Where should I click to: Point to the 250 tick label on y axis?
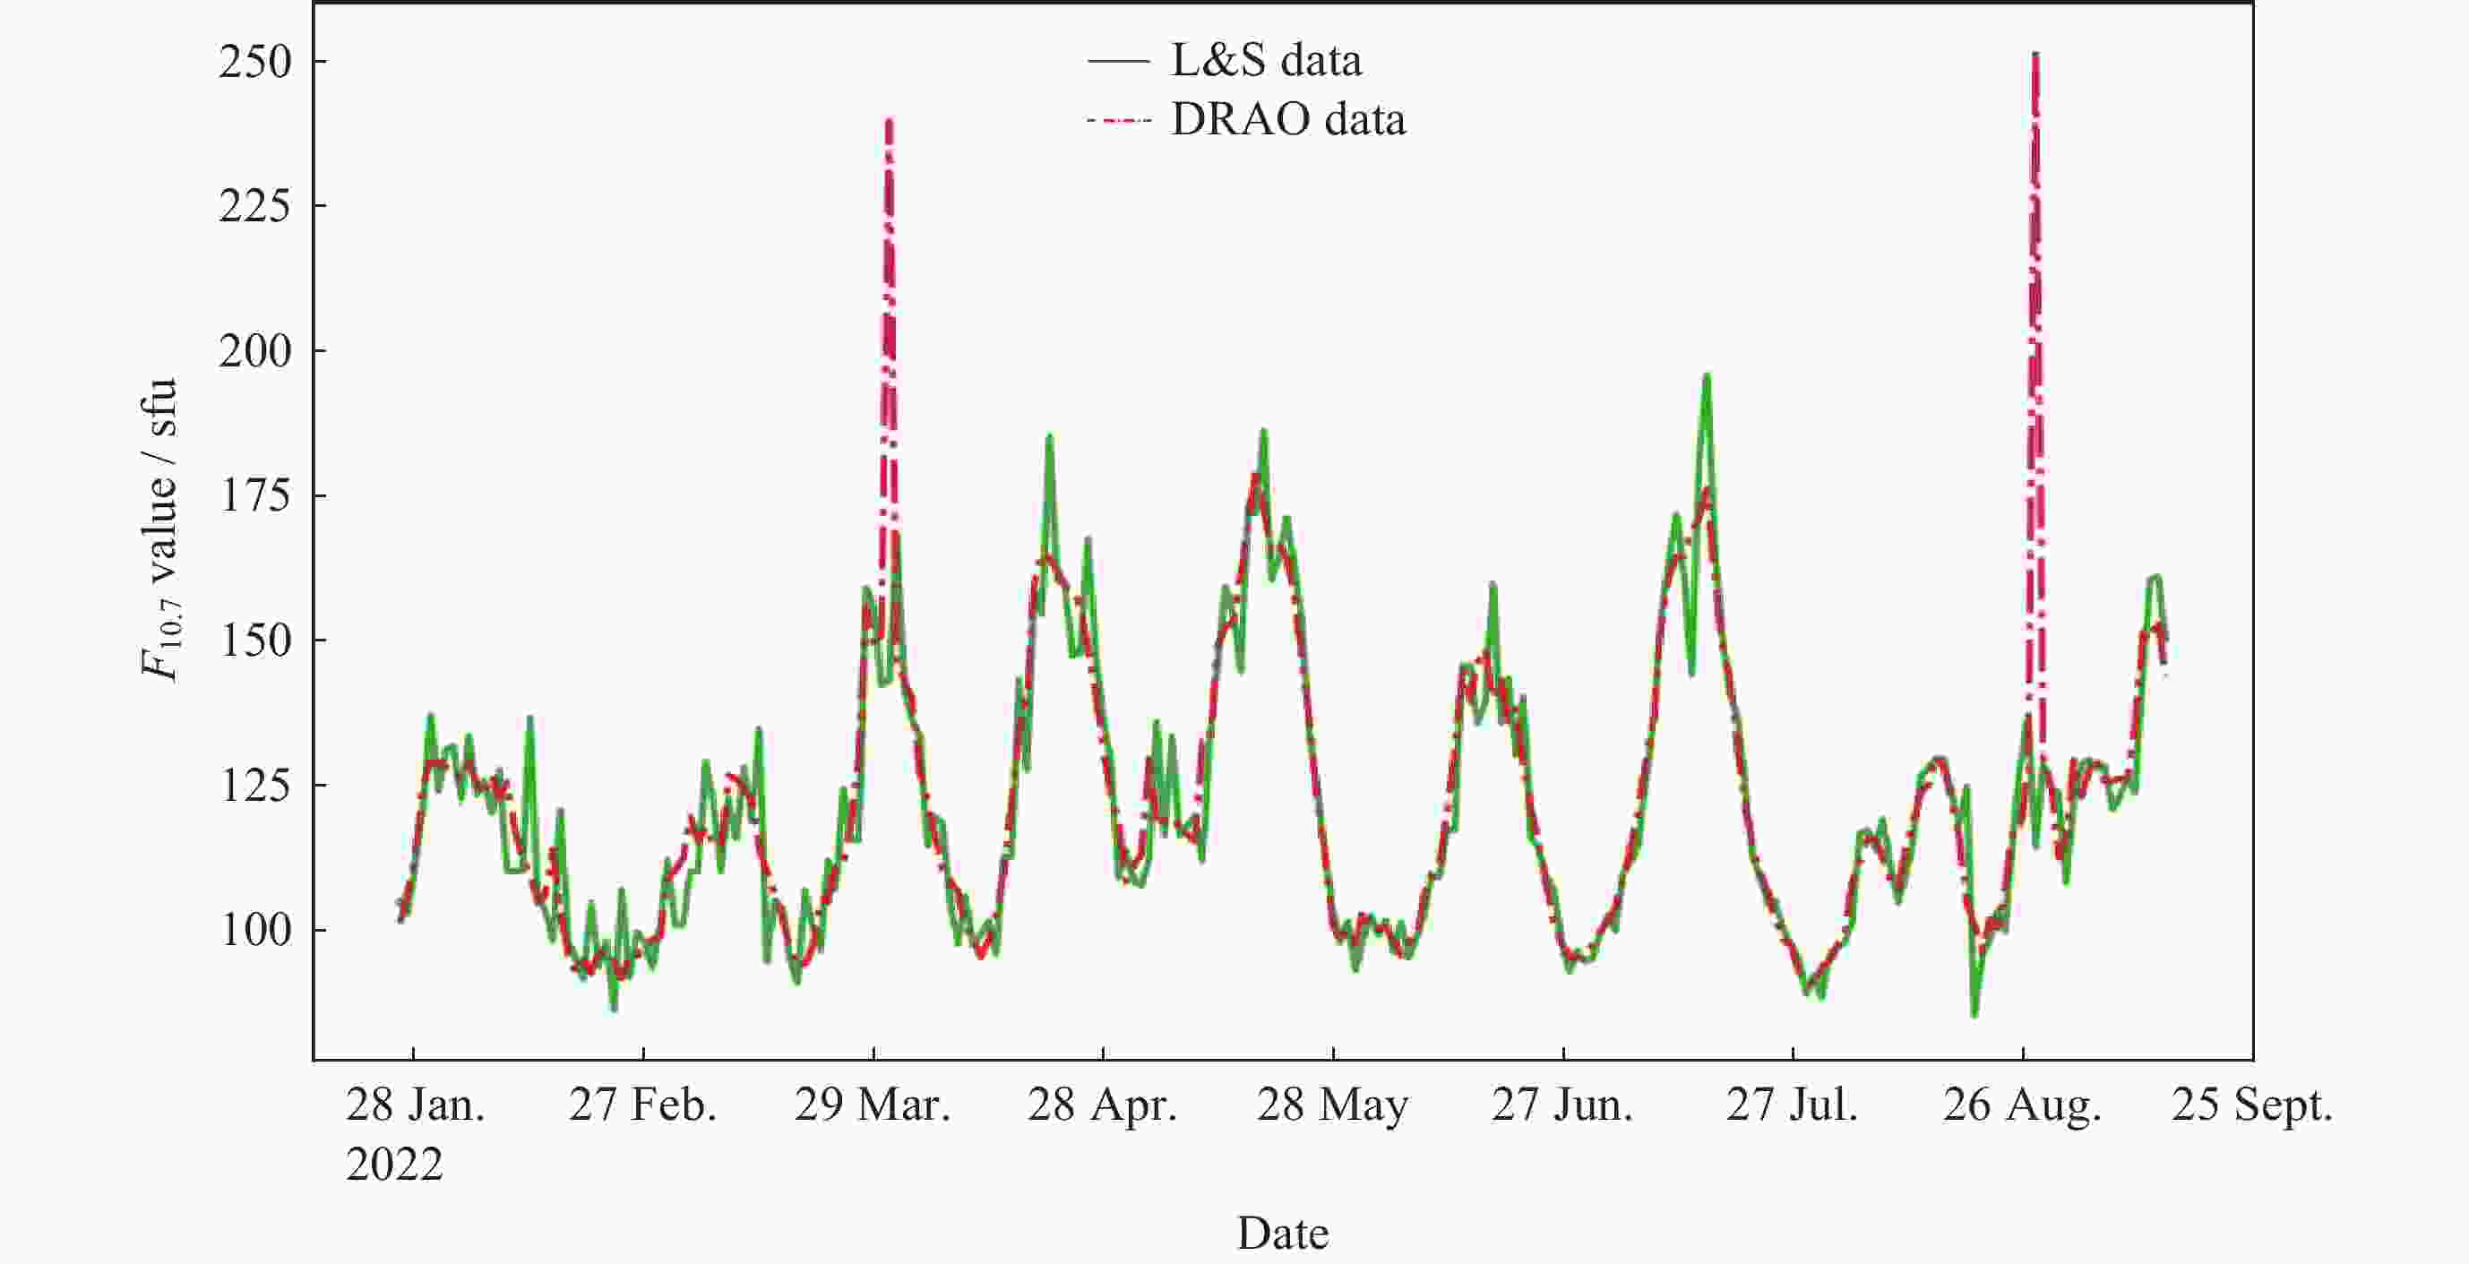[254, 63]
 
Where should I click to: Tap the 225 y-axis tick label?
[254, 206]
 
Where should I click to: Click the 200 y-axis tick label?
[254, 352]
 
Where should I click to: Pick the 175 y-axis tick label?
[254, 496]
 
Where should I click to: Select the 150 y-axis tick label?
[254, 641]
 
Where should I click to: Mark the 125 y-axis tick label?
[254, 786]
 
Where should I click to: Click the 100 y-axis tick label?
[254, 931]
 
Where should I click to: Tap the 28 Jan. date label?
[415, 1105]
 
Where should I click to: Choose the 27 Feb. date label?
[642, 1105]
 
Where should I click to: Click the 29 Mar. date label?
[873, 1105]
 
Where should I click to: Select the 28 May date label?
[1332, 1105]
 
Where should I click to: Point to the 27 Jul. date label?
[1792, 1105]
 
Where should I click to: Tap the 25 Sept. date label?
[2251, 1105]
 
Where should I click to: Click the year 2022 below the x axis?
[394, 1165]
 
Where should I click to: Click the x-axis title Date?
[1282, 1234]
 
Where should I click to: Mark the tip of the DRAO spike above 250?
[2035, 54]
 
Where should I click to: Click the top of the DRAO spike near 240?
[890, 121]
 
